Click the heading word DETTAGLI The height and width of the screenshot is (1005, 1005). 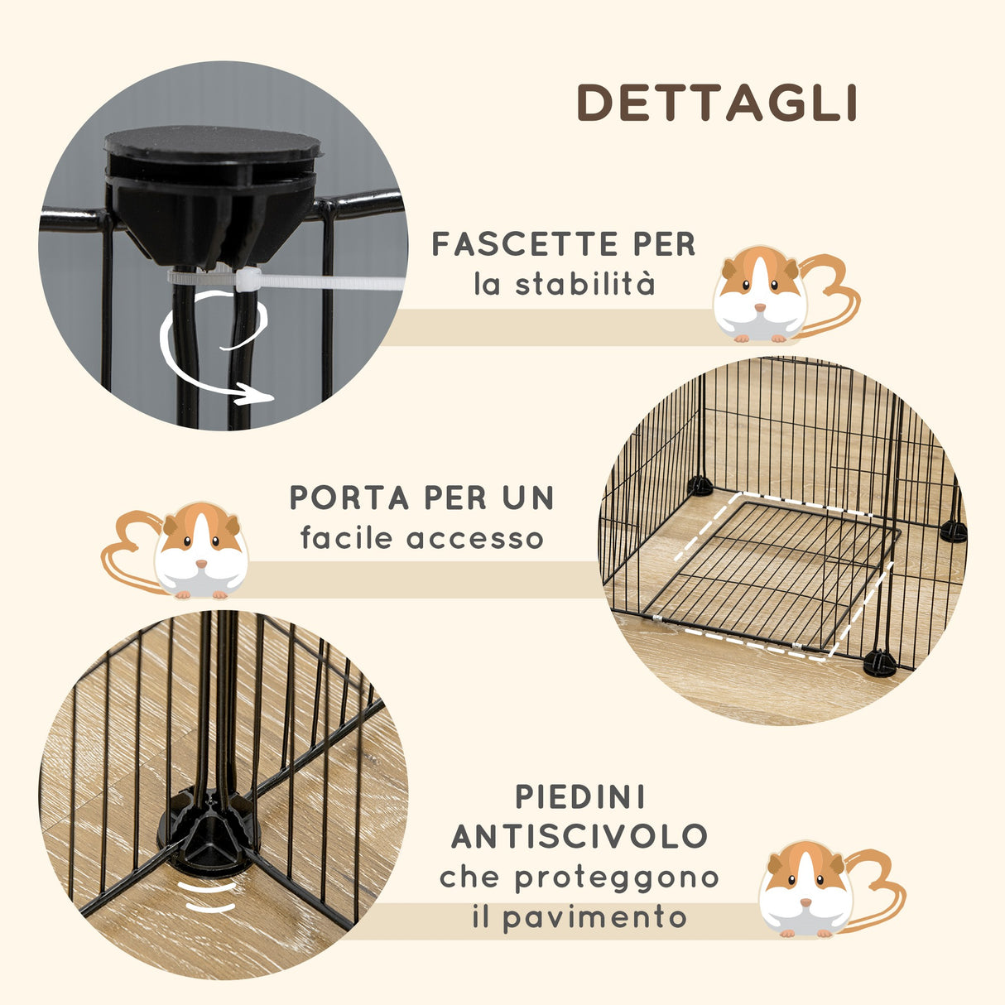[717, 103]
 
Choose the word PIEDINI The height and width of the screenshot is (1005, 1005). [580, 797]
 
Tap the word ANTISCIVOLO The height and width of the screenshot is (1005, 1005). [579, 837]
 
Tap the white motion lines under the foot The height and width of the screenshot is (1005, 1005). [209, 897]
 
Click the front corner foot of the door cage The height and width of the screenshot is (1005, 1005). [880, 662]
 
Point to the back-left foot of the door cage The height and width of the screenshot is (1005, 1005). [700, 486]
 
